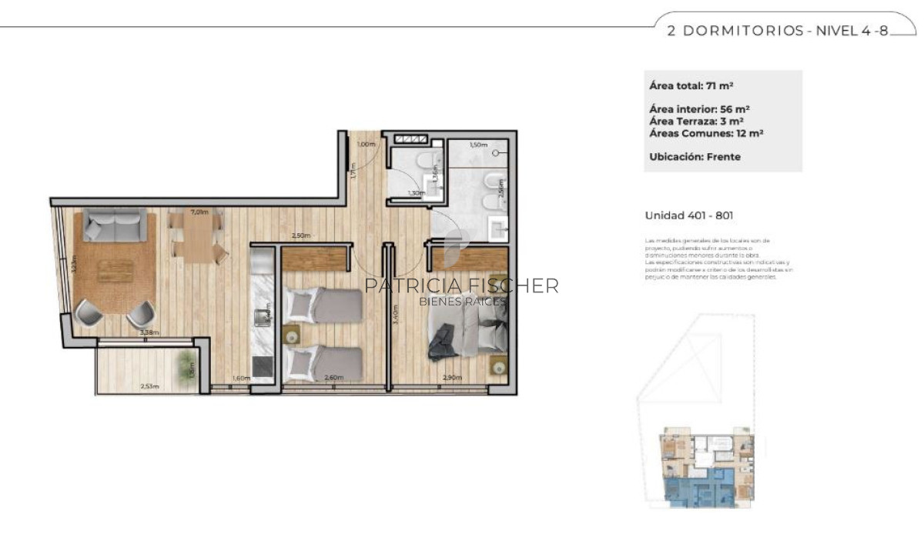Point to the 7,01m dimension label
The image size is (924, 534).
click(x=199, y=212)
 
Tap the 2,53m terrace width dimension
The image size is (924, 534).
click(x=149, y=385)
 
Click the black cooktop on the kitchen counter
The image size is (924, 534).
click(x=263, y=367)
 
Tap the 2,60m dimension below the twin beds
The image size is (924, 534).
click(x=334, y=378)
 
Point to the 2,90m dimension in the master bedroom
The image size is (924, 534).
click(x=452, y=378)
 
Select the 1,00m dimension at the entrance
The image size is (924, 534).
click(x=367, y=144)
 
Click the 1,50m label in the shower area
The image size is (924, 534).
click(x=477, y=145)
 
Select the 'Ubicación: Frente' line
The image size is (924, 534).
click(x=695, y=156)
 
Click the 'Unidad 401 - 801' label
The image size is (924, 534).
click(x=689, y=216)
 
